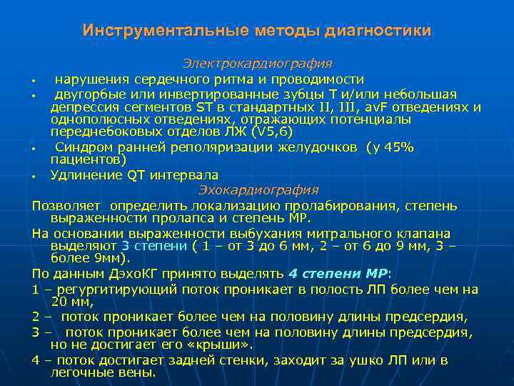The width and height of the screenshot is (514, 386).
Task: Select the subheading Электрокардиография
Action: click(x=257, y=64)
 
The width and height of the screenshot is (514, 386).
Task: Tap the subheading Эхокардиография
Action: click(x=258, y=190)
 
